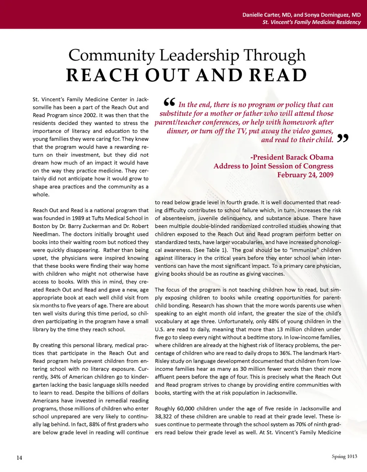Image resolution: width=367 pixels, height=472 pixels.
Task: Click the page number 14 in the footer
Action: [x=19, y=457]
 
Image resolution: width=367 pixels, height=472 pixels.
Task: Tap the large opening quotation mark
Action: [x=169, y=102]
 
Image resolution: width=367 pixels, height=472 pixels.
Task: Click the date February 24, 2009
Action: [x=305, y=175]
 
